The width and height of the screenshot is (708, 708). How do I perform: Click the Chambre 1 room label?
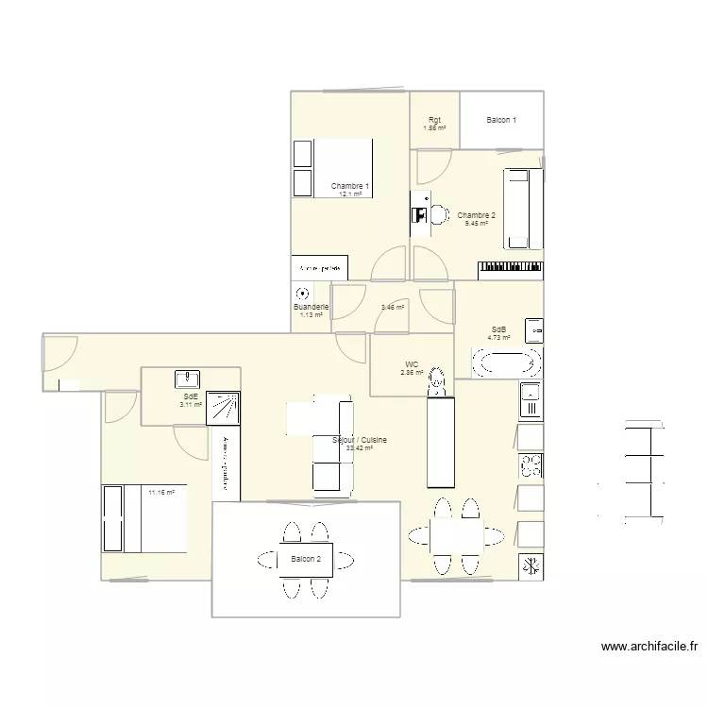point(349,187)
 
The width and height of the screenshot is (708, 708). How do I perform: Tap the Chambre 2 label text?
point(477,216)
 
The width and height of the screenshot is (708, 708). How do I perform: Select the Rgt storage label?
point(434,120)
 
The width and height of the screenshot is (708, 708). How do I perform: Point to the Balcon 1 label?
point(501,120)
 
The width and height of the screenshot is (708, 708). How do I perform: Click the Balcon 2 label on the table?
point(306,560)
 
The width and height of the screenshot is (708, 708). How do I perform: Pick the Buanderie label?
point(311,308)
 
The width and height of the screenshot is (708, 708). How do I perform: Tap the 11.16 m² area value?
point(162,492)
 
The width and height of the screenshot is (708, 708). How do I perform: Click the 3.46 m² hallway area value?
point(393,307)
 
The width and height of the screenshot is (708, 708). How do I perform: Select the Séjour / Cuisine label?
point(360,440)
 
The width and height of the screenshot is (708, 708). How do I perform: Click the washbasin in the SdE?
point(187,379)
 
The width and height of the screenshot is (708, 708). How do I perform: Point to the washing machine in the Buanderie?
point(302,294)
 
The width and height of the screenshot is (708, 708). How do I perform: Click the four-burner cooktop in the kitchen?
point(531,465)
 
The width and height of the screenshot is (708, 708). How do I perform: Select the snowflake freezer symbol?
point(531,566)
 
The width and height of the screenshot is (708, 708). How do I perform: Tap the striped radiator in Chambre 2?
point(511,270)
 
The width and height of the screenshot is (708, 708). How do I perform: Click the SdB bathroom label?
point(499,329)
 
